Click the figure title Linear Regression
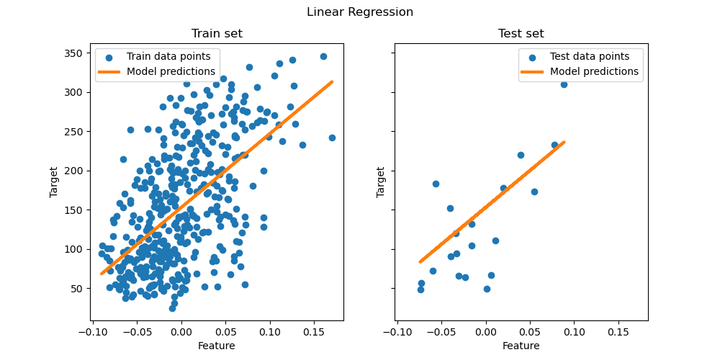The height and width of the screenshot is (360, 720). (x=360, y=12)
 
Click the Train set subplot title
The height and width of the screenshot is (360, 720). (x=217, y=34)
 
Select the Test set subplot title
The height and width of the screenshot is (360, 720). (x=521, y=34)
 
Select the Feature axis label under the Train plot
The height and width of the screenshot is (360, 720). (x=217, y=346)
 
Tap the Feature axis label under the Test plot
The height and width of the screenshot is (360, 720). (x=521, y=346)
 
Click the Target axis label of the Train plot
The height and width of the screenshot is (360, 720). (x=54, y=183)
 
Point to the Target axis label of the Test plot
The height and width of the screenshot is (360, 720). (x=380, y=183)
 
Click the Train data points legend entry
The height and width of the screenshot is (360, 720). (x=168, y=56)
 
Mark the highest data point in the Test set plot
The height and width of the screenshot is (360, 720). (x=564, y=84)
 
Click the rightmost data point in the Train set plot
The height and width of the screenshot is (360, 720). (x=332, y=138)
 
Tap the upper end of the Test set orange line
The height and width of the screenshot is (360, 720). (x=564, y=143)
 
